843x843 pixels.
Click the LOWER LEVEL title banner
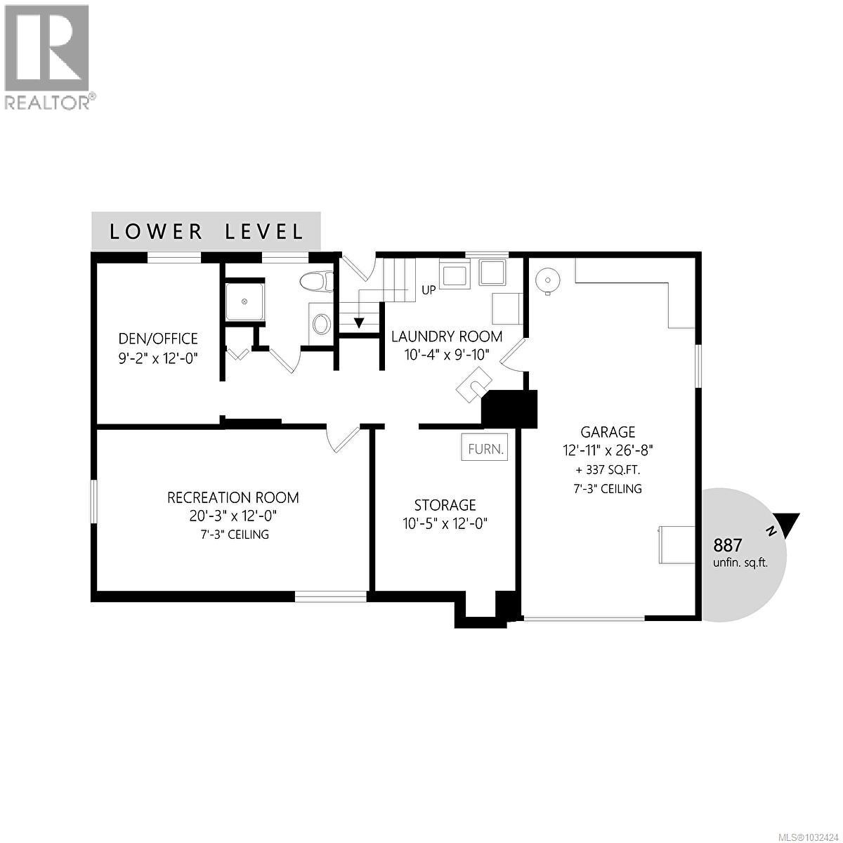tap(206, 230)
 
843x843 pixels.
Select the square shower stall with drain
tap(244, 302)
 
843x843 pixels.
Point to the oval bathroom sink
tap(321, 325)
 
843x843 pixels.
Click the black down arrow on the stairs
tap(359, 322)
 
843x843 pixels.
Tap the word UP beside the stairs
tap(428, 289)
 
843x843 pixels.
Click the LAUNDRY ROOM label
tap(447, 336)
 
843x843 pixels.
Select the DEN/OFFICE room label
tap(158, 339)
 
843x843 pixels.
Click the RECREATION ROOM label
tap(233, 497)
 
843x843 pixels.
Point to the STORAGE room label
tap(445, 504)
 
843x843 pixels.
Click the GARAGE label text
tap(608, 432)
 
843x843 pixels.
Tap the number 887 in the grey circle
tap(728, 544)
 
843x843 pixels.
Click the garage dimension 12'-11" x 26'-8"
tap(608, 450)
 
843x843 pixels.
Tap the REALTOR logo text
tap(47, 103)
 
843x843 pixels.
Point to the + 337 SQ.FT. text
tap(608, 469)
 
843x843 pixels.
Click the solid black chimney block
tap(509, 408)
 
